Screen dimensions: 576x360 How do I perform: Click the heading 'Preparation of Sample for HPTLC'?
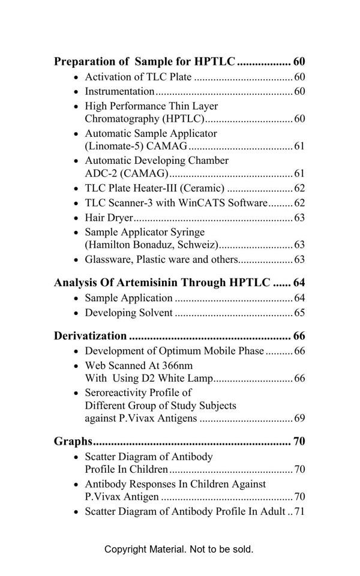145,61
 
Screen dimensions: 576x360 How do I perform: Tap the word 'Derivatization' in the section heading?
90,335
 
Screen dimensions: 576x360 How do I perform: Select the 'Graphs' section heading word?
73,442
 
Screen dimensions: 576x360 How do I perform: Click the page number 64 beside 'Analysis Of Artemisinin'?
299,283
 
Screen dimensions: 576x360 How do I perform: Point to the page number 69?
299,418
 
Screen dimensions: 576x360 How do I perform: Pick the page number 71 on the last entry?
299,512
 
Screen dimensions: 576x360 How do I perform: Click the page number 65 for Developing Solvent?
299,313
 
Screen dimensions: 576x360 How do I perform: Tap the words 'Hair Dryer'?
109,218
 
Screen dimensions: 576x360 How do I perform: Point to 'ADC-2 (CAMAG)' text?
126,173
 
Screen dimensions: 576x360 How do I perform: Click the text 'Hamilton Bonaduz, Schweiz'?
152,245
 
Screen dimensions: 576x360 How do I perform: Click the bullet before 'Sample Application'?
76,299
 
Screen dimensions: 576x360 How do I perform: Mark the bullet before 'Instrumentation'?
76,92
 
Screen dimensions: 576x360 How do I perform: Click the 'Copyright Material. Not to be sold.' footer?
179,549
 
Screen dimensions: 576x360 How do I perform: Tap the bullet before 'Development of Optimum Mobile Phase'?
76,352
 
